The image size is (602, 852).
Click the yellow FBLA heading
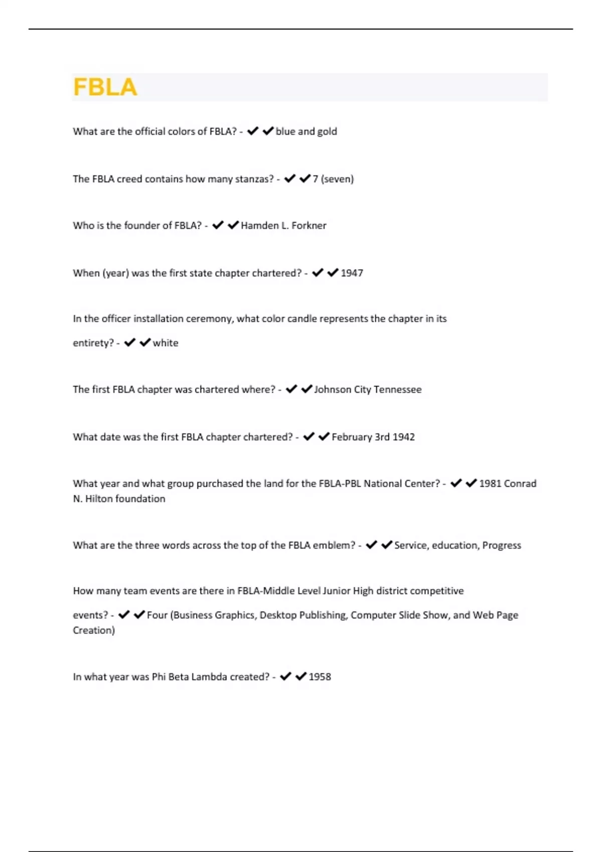[x=105, y=87]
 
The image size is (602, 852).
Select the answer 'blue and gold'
[x=306, y=131]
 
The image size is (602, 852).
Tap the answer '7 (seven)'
[x=333, y=179]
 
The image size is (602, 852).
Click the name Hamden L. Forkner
[x=283, y=226]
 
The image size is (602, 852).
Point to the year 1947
[x=352, y=273]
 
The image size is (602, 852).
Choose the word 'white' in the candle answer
[x=166, y=343]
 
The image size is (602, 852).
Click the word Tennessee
[x=397, y=389]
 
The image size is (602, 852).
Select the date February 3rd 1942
[x=373, y=437]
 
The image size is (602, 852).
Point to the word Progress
[x=502, y=545]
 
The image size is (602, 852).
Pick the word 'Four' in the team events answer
[x=157, y=615]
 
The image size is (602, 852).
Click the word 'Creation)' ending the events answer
[x=94, y=630]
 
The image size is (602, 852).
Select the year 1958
[x=320, y=677]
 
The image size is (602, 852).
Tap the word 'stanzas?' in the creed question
[x=254, y=179]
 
